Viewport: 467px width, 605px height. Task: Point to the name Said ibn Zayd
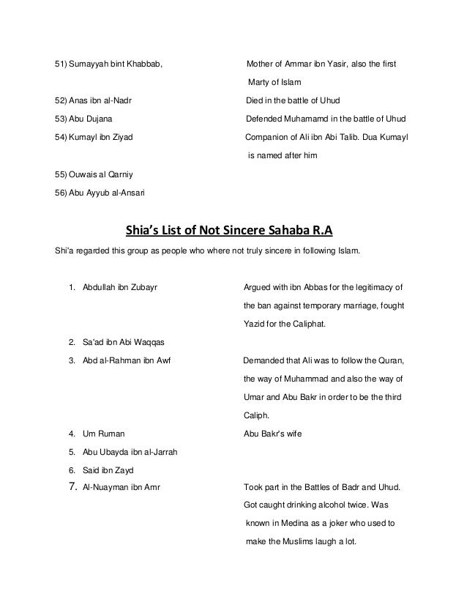pyautogui.click(x=109, y=469)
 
